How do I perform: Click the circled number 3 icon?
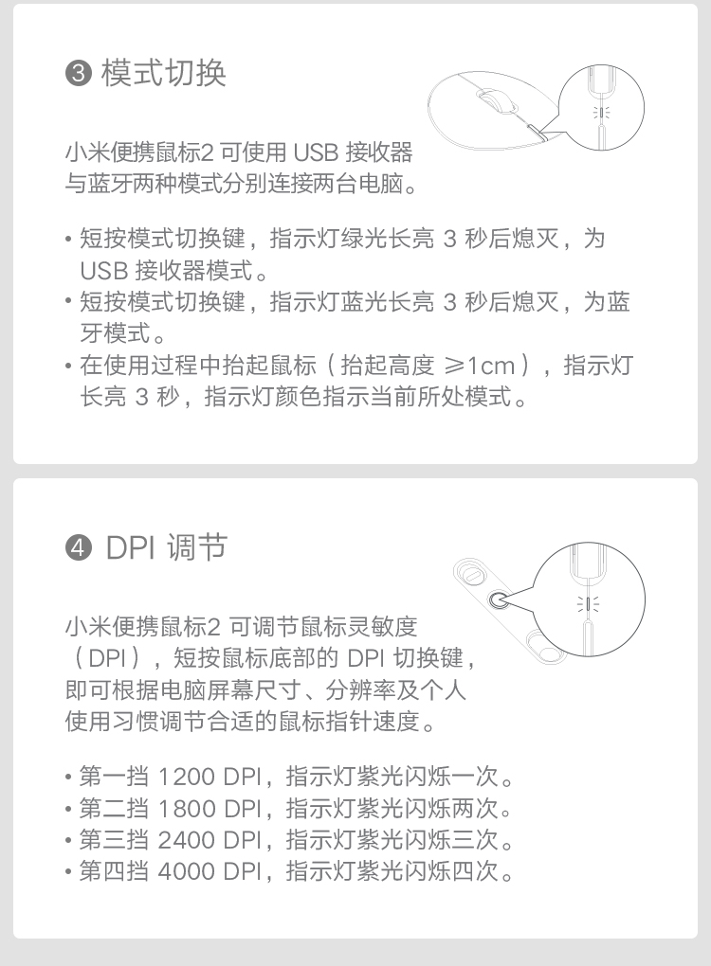tap(79, 73)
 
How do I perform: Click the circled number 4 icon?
tap(79, 547)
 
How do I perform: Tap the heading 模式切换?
tap(163, 73)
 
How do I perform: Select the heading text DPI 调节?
tap(167, 547)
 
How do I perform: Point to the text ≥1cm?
tap(480, 366)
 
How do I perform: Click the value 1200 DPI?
tap(210, 777)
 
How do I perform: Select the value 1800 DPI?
tap(210, 808)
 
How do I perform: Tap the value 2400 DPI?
tap(210, 840)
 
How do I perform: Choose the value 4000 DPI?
tap(210, 871)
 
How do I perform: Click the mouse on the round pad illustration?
tap(495, 99)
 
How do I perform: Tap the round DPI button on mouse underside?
tap(499, 599)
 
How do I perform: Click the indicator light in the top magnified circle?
tap(601, 112)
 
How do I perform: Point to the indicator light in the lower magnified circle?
tap(589, 603)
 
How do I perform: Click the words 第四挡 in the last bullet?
tap(114, 871)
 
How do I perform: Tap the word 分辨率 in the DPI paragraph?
tap(361, 689)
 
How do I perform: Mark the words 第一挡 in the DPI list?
tap(114, 777)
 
